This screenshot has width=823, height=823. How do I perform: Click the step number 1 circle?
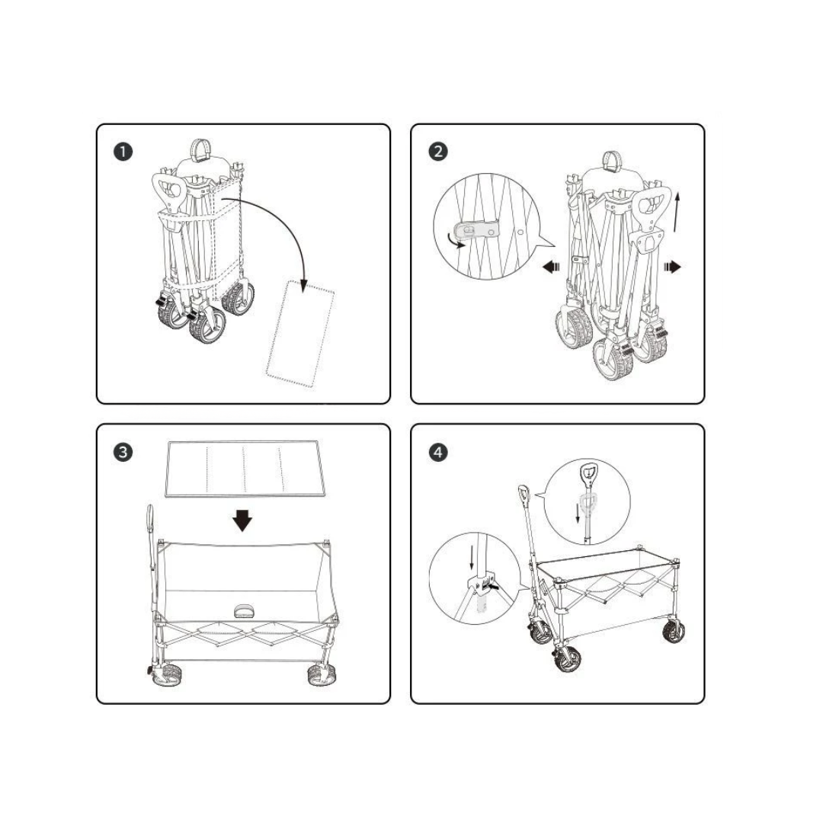(123, 152)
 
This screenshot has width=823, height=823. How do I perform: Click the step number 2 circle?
(438, 152)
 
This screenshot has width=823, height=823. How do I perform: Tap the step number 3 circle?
(123, 452)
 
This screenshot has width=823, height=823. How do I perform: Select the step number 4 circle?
(438, 452)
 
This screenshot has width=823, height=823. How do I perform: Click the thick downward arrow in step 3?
(242, 520)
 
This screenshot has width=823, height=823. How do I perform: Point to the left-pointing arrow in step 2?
(551, 267)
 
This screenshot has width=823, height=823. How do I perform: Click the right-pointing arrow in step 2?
(672, 267)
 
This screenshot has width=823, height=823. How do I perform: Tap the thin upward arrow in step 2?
(677, 212)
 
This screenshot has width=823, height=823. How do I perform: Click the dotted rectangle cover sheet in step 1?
(300, 335)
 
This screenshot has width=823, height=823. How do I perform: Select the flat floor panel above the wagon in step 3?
(245, 469)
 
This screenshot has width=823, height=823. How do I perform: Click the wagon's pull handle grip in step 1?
(168, 191)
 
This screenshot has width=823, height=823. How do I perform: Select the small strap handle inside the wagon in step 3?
(244, 610)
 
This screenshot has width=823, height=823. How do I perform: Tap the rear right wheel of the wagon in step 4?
(674, 630)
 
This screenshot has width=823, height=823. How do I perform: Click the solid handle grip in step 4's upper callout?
(588, 474)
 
